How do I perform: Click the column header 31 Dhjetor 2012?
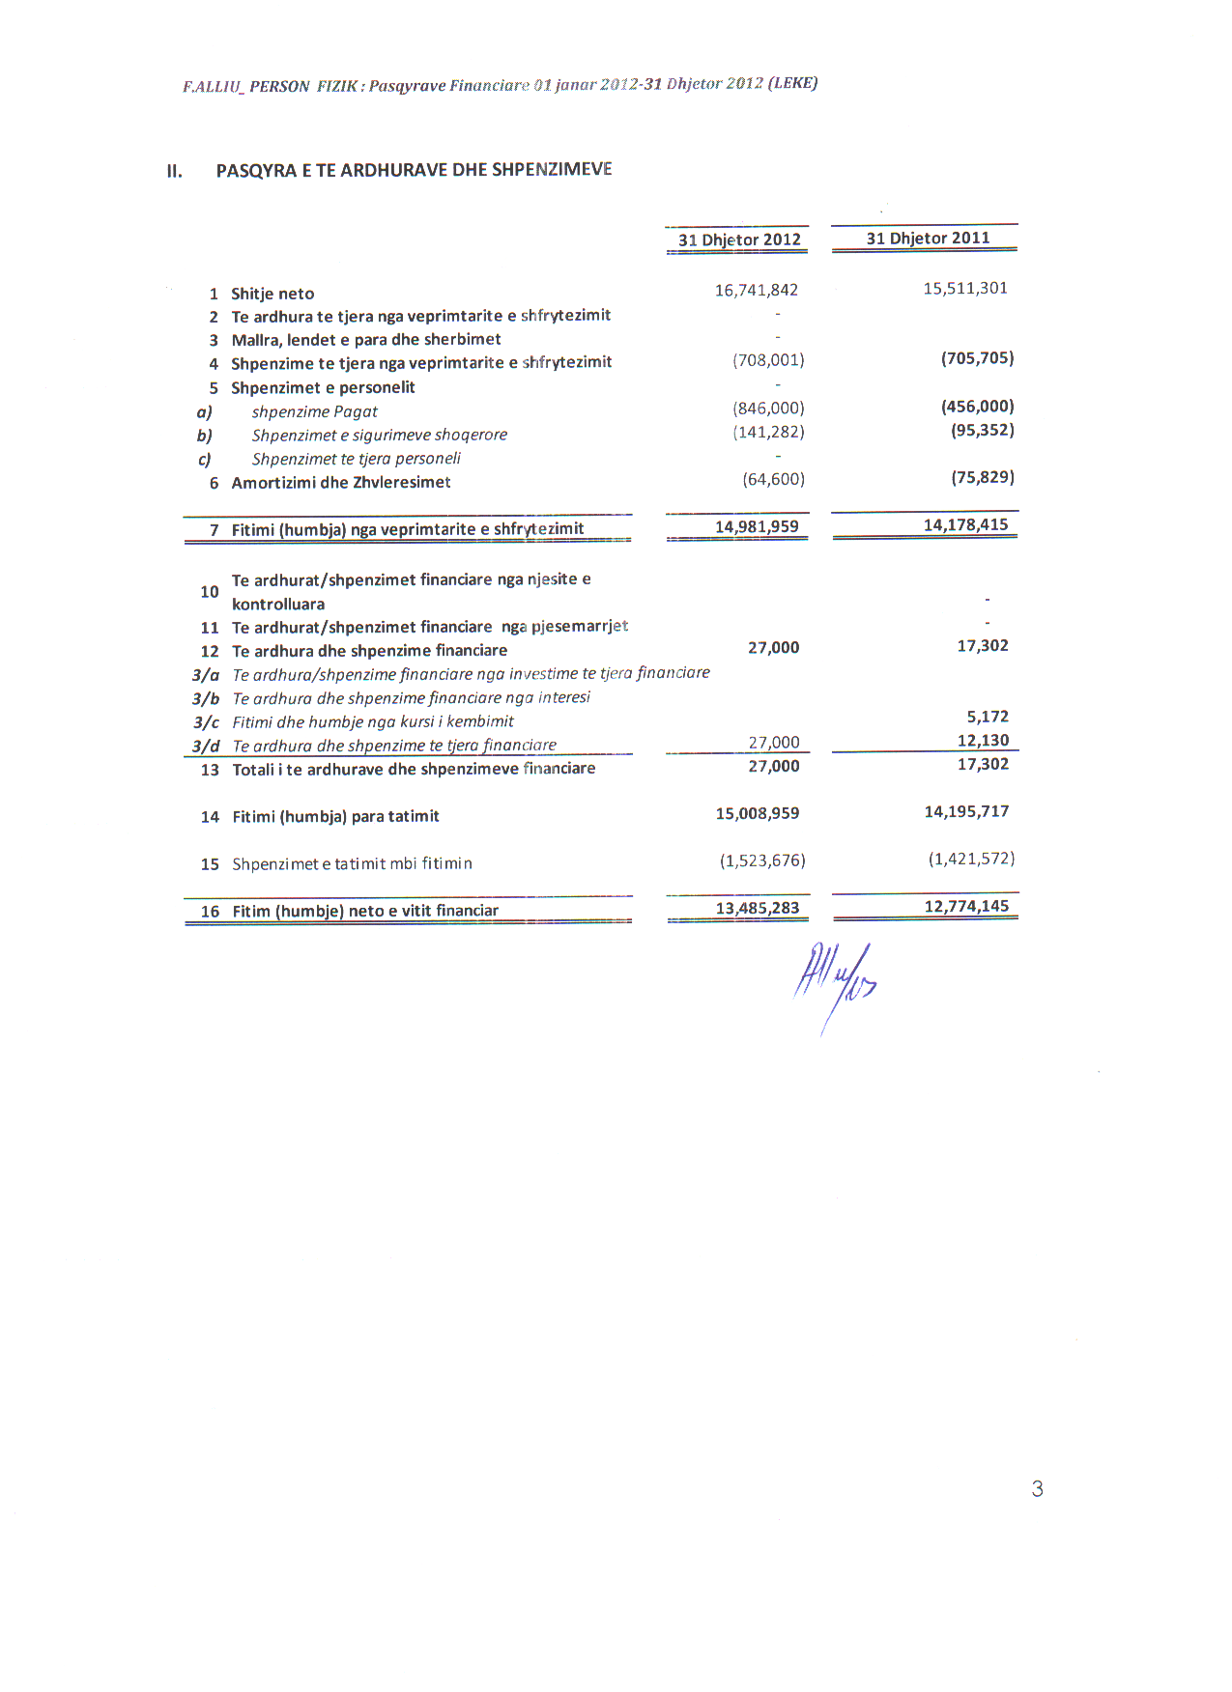[x=739, y=240]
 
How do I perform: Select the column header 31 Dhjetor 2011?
[x=928, y=238]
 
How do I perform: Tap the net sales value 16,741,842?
[x=756, y=290]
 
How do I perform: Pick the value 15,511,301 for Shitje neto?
[x=964, y=288]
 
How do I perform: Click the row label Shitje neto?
[x=272, y=294]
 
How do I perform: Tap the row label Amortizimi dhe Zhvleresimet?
[x=340, y=482]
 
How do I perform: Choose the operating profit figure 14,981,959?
[x=757, y=526]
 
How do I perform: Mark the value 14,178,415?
[x=965, y=524]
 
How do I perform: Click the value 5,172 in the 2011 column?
[x=988, y=717]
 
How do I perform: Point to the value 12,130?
[x=983, y=740]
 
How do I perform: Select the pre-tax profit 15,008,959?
[x=757, y=813]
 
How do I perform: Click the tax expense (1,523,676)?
[x=761, y=860]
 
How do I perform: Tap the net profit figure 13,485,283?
[x=757, y=908]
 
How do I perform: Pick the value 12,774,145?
[x=966, y=906]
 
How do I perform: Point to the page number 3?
[x=1037, y=1488]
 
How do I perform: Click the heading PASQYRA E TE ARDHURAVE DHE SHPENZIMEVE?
[x=414, y=170]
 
